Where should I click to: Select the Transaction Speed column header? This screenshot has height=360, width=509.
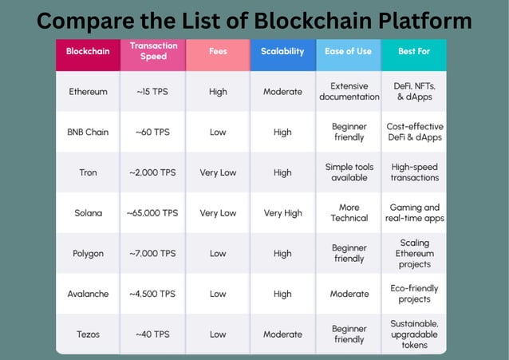click(153, 51)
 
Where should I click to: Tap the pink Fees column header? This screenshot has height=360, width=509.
click(218, 51)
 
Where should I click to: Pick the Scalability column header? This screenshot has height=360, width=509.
click(282, 51)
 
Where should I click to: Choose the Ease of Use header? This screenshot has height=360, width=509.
click(349, 51)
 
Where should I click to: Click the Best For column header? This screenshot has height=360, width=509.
click(414, 51)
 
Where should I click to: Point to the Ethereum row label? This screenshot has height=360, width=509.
click(88, 92)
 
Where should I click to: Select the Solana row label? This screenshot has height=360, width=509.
click(88, 213)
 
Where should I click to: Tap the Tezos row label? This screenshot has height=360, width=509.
click(88, 334)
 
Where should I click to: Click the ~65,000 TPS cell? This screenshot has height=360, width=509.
click(152, 213)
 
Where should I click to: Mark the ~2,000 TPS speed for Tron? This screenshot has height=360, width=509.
click(152, 172)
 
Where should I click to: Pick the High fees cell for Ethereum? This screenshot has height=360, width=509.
click(218, 92)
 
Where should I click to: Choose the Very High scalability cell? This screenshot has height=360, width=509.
click(282, 213)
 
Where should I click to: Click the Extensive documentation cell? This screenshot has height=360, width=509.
click(349, 92)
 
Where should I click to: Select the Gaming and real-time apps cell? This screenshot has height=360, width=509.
click(414, 213)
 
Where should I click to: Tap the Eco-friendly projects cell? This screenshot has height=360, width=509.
click(414, 294)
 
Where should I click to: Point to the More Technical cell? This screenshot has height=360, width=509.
click(349, 213)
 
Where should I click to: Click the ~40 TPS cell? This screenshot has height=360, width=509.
click(152, 334)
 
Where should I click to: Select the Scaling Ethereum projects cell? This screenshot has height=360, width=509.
click(414, 253)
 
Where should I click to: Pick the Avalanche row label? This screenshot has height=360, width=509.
click(88, 294)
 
